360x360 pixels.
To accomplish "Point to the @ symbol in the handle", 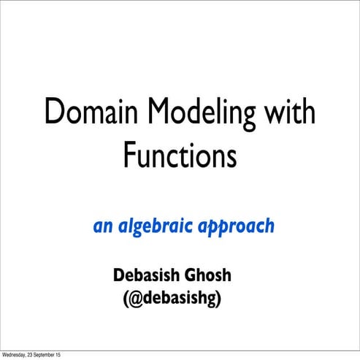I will pos(138,299).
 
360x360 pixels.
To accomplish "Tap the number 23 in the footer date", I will pos(31,355).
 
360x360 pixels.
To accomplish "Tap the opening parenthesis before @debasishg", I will pos(128,299).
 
